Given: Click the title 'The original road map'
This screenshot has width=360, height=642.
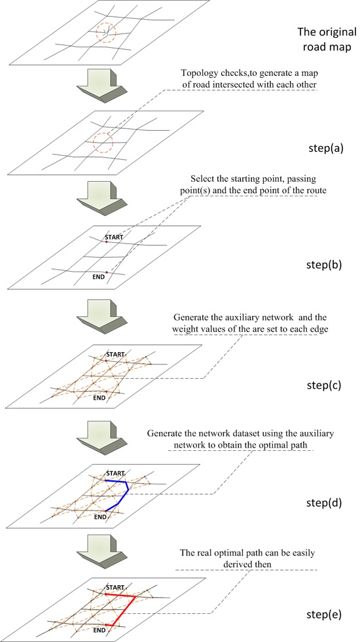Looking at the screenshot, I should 325,39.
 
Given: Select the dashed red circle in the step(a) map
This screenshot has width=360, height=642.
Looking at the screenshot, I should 103,142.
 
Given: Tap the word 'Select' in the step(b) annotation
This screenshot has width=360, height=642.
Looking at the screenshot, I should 203,179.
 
